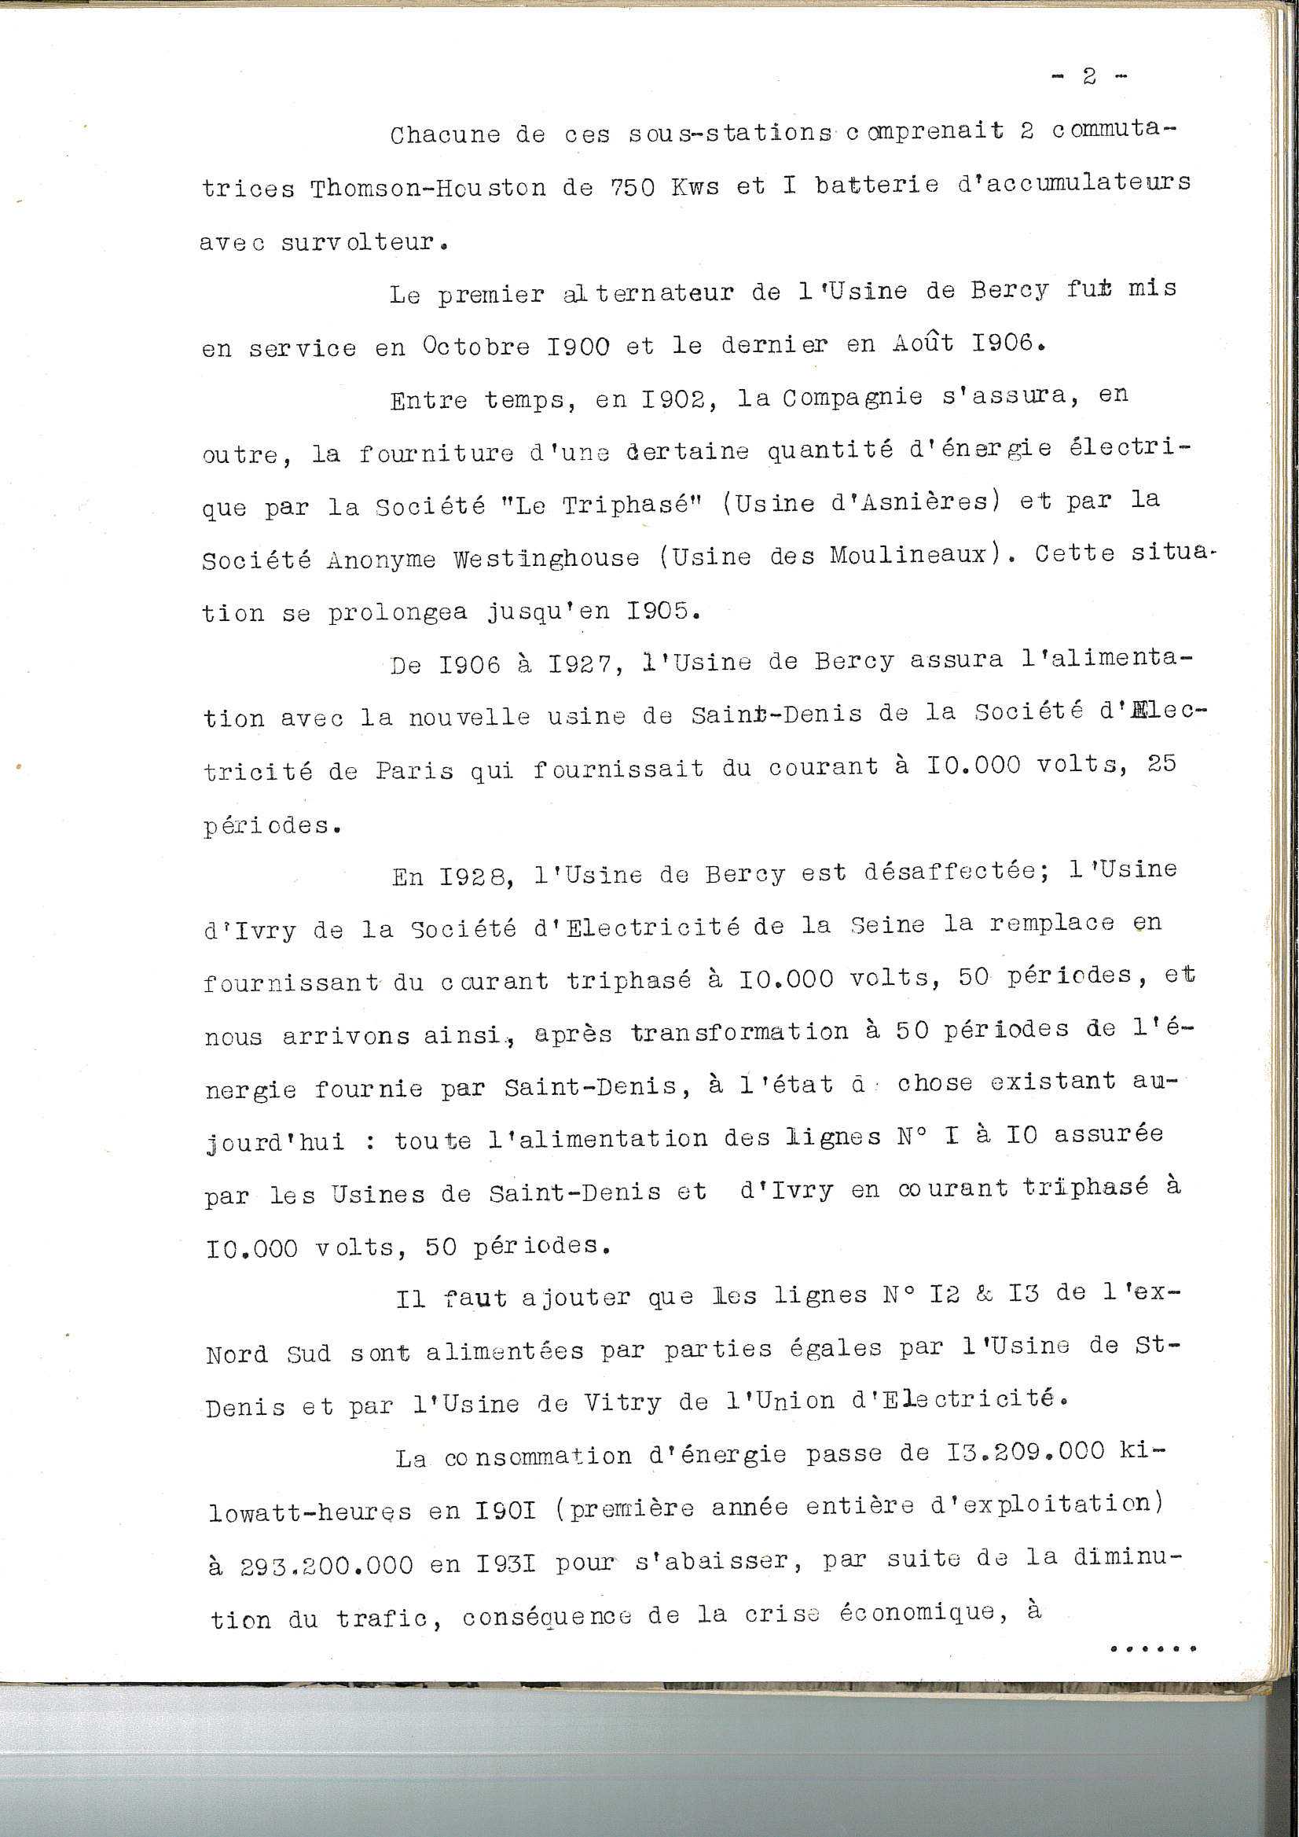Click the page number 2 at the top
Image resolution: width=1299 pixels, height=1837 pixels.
[x=1088, y=77]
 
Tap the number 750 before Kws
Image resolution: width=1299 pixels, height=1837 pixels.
[x=634, y=188]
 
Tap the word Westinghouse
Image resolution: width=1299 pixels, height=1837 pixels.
[x=546, y=558]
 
